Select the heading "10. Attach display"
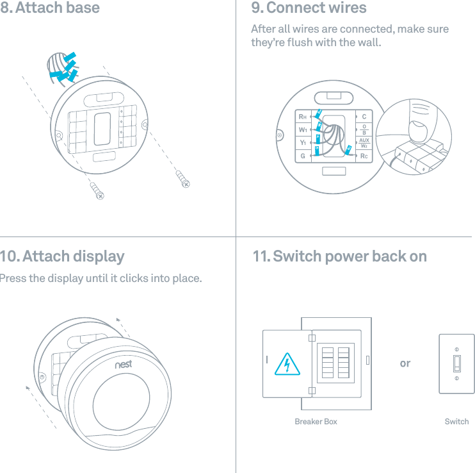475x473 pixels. pos(62,256)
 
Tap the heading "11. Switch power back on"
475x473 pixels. pos(339,256)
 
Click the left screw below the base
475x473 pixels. pos(97,190)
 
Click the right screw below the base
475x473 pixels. pos(182,179)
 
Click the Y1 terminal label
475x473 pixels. pos(302,142)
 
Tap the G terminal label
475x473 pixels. pos(302,156)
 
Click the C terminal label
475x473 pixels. pos(364,117)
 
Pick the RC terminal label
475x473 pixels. pos(364,156)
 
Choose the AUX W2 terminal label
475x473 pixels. pos(364,142)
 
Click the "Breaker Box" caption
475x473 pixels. pos(316,422)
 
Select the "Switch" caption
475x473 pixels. pos(456,422)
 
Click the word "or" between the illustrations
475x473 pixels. pos(405,363)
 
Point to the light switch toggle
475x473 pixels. pos(456,363)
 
